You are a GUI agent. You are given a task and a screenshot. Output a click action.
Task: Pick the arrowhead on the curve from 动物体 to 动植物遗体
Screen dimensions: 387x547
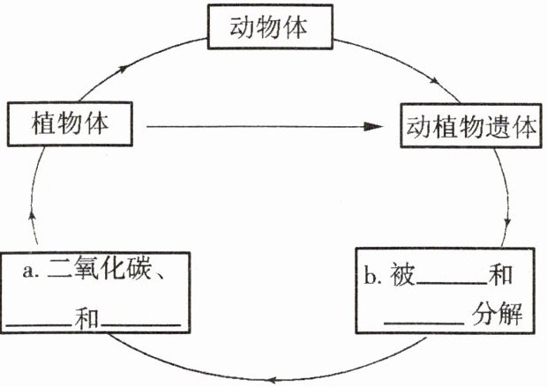pyautogui.click(x=435, y=84)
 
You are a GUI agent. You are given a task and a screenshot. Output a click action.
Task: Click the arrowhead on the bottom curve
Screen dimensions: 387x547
pyautogui.click(x=274, y=369)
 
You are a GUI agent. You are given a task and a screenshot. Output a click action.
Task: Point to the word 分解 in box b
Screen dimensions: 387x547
pyautogui.click(x=499, y=313)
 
